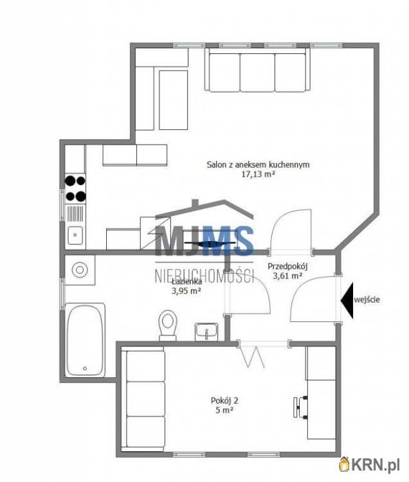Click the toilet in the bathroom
168,325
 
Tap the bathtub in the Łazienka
85,340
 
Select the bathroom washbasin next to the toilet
206,332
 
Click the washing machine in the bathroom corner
80,270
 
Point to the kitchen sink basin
75,235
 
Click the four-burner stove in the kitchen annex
75,188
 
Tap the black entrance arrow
347,300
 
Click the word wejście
367,299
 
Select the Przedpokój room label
287,266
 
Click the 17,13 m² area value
258,174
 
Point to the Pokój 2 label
224,400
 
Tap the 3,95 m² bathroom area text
186,290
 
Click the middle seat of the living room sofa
257,72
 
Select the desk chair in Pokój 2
300,407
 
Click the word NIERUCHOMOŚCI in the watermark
204,275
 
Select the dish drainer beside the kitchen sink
75,213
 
